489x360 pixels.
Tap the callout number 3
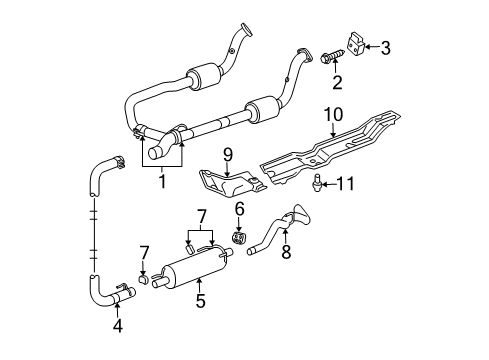point(387,46)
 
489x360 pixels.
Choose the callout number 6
point(240,208)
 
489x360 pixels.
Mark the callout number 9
point(227,156)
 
